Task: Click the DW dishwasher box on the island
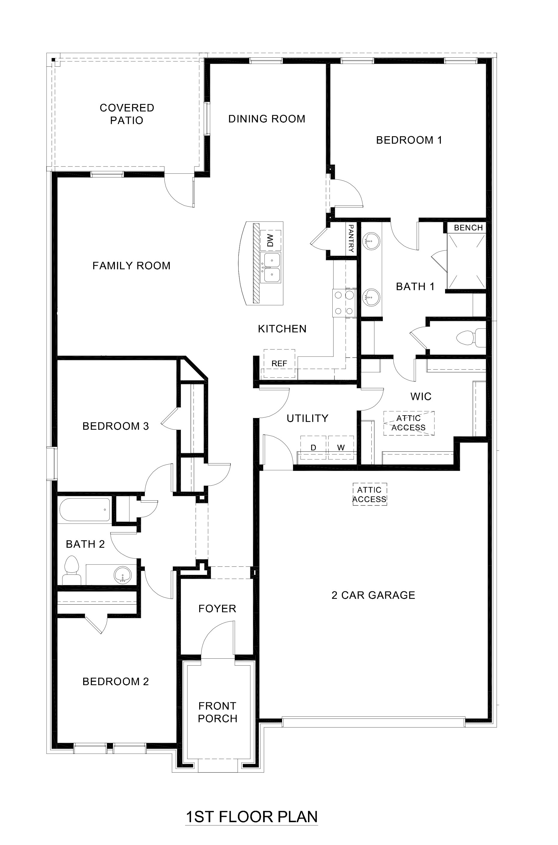click(x=270, y=240)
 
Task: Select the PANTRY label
click(x=351, y=238)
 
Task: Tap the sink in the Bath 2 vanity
click(x=122, y=574)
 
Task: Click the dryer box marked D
click(x=313, y=447)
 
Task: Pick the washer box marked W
click(x=341, y=447)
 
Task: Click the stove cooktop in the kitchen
click(x=344, y=303)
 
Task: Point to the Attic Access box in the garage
click(x=370, y=495)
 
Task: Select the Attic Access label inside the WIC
click(x=409, y=423)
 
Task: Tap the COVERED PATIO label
click(x=127, y=114)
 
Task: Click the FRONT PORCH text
click(x=218, y=712)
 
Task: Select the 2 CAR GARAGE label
click(x=373, y=595)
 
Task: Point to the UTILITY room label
click(x=307, y=418)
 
